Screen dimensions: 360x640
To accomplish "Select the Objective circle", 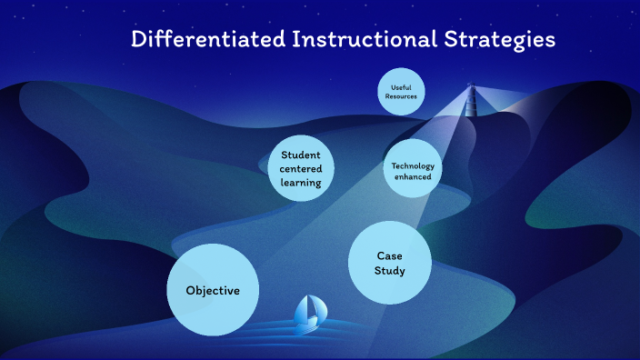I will pos(213,291).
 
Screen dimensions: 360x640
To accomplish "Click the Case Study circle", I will pos(389,263).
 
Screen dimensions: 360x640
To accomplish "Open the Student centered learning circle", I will pos(301,168).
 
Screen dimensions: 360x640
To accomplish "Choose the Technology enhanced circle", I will pos(413,171).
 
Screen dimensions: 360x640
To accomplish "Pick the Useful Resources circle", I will pos(401,92).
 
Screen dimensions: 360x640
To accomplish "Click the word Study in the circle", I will pos(390,271).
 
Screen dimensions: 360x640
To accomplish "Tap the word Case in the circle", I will pos(390,255).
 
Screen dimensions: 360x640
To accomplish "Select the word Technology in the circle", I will pos(413,165).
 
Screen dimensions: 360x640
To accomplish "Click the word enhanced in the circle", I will pos(413,177).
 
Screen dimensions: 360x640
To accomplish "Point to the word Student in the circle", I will pos(301,155).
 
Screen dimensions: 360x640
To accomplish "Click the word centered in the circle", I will pos(301,168).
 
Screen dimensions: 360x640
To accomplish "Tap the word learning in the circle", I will pos(301,182).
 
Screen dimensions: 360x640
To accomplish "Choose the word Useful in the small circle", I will pos(401,87).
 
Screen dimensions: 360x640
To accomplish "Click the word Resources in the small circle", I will pos(401,96).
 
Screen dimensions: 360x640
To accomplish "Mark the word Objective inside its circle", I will pos(213,291).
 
